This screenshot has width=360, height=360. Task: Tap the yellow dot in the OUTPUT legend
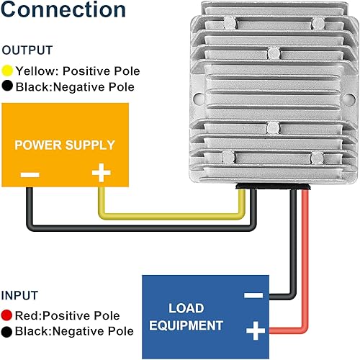point(8,71)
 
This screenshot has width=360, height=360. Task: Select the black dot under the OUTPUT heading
point(8,87)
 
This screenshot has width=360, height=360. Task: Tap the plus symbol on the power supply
point(102,174)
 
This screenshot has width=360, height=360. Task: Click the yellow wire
point(173,215)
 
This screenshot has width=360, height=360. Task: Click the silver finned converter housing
point(274,94)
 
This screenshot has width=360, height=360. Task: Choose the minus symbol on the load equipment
point(253,294)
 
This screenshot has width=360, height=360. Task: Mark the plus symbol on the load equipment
point(253,330)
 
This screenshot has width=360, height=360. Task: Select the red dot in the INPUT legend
point(8,316)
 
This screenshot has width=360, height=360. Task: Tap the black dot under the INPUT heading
point(8,332)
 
